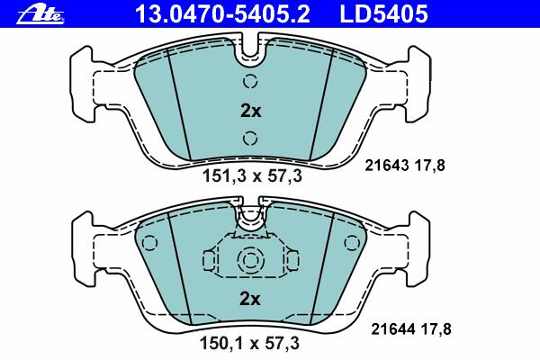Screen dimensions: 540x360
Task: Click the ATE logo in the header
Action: tap(40, 14)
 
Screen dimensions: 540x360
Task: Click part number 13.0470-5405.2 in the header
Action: tap(222, 14)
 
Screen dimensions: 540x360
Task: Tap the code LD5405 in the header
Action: tap(384, 14)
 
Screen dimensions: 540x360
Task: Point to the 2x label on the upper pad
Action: tap(251, 111)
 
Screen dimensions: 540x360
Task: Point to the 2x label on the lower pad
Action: tap(250, 299)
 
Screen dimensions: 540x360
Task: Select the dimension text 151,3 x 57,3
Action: tap(252, 176)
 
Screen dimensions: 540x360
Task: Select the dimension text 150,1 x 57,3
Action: tap(249, 343)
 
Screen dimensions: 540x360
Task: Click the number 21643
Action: tap(387, 166)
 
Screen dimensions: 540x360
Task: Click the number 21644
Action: tap(393, 329)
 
